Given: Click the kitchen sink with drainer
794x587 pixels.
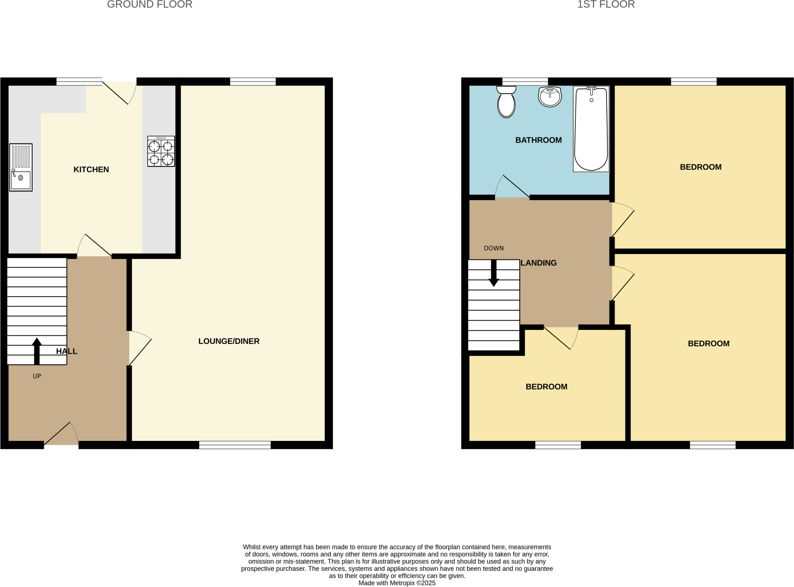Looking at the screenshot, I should point(21,167).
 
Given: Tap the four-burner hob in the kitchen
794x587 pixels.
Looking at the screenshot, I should point(161,151).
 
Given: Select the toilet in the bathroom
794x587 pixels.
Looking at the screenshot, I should point(506,102).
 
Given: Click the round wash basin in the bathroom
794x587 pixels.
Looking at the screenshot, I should point(550,97).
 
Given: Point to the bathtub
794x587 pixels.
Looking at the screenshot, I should point(591,129).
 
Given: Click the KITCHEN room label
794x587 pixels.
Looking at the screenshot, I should point(91,169).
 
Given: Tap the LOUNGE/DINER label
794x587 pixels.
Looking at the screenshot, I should point(229,341).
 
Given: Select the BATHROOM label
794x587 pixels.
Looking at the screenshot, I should point(538,140).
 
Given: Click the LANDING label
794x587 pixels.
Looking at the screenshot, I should point(539,263).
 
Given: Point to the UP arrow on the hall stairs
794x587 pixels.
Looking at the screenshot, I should point(37,351).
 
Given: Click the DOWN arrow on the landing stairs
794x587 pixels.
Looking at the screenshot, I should point(494,273).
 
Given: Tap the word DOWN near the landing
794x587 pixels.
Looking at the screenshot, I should point(494,248).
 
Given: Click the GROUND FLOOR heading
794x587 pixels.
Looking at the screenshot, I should point(150,5).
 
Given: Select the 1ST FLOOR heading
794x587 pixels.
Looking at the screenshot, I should point(606,5).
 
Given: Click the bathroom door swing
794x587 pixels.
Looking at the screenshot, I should point(512,187).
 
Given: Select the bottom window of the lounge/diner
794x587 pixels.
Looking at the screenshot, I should point(235,445).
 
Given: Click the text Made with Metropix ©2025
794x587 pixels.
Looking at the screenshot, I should point(397,583).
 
